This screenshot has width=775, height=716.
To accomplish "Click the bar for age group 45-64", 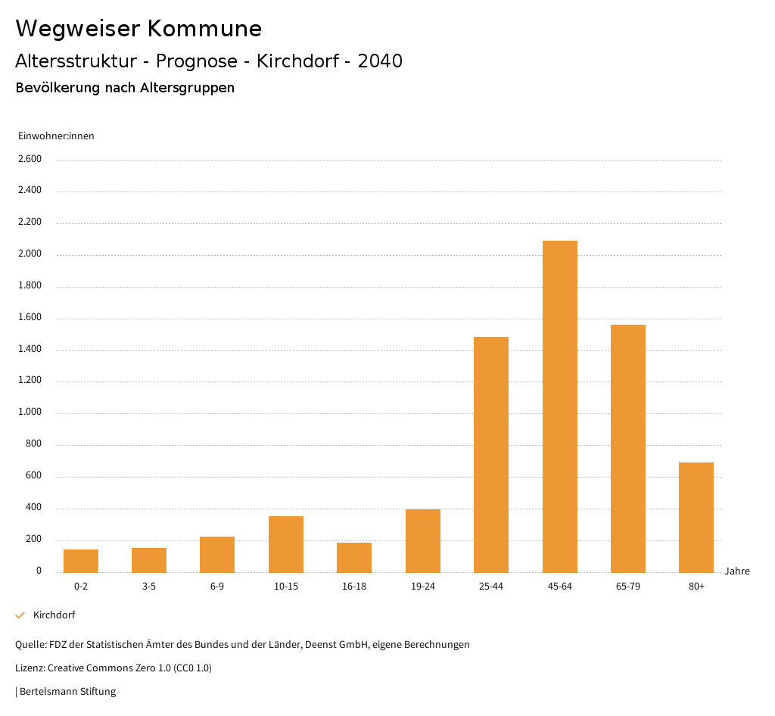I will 559,406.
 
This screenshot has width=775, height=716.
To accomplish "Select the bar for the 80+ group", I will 696,517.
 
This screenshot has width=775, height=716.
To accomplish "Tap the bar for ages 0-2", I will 81,561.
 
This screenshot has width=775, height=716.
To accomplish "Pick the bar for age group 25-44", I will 491,454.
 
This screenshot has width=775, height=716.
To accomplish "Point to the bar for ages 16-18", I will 354,557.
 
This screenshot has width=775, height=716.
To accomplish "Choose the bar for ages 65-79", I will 628,448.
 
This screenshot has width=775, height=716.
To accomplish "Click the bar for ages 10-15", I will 286,544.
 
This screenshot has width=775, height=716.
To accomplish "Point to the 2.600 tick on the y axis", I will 30,159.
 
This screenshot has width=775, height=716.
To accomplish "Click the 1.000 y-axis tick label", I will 30,412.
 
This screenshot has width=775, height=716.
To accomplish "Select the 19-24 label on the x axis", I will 423,587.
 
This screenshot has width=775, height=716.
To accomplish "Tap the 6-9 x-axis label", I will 217,587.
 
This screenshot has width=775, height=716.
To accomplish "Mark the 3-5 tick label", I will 149,587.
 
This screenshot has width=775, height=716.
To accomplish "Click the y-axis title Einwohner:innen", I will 56,136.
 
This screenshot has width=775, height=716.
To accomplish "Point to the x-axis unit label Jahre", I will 737,571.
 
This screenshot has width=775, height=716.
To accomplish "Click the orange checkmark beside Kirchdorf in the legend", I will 20,615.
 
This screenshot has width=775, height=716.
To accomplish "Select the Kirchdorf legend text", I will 54,615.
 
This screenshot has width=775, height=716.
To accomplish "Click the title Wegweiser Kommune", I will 139,29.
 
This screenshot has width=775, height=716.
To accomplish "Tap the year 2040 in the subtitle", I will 380,61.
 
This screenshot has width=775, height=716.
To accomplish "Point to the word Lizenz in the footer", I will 30,668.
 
